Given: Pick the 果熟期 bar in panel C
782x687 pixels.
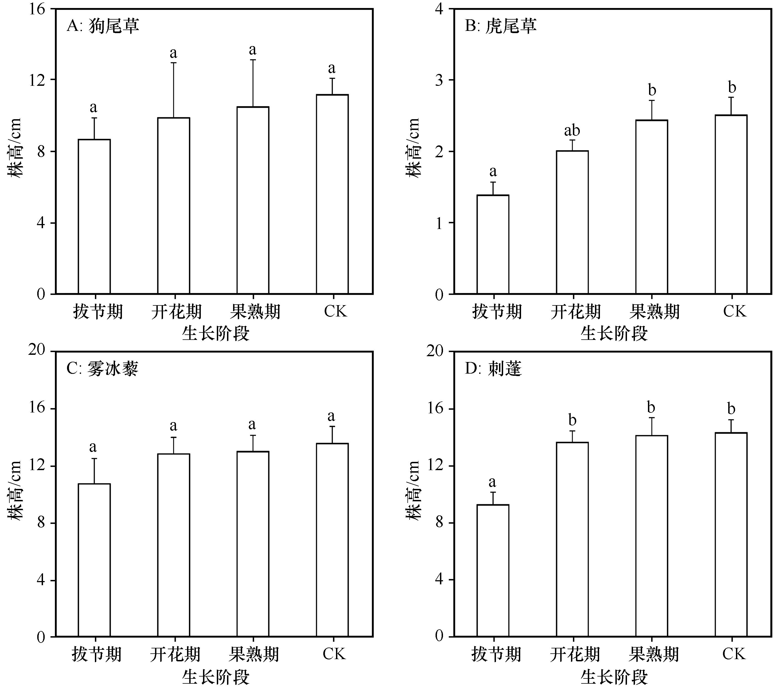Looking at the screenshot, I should click(253, 544).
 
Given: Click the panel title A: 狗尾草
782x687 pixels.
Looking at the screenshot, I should click(103, 26).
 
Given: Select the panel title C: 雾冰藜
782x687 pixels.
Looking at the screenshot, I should click(103, 369).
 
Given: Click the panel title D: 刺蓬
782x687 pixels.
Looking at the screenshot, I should click(493, 369).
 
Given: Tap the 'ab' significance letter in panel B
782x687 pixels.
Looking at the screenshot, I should click(572, 131).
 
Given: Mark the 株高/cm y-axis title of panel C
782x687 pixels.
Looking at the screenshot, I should click(15, 490).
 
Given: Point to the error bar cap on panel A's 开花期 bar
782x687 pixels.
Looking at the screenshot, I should click(174, 63).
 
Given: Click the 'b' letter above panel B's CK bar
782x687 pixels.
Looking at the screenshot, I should click(732, 88).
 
